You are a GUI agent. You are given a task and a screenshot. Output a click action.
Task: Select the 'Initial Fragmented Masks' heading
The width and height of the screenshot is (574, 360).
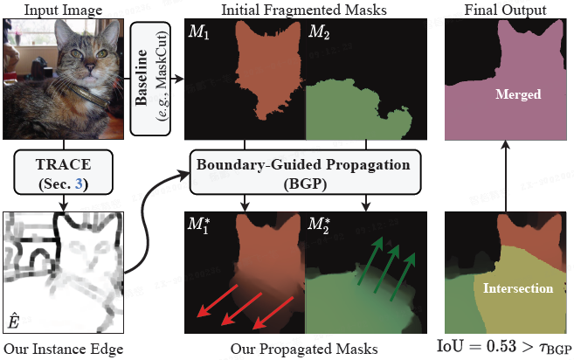click(305, 10)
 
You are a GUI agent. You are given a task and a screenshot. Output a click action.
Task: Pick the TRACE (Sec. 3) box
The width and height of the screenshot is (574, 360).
click(62, 171)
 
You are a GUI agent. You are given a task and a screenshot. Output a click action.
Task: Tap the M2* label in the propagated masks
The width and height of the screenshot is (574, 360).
click(321, 225)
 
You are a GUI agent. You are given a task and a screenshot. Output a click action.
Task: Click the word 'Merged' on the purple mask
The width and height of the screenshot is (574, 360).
click(517, 94)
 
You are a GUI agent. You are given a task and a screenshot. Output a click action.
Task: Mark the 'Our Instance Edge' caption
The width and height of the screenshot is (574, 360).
click(62, 350)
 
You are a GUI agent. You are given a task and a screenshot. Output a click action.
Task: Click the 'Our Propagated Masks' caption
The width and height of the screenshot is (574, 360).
click(305, 350)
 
